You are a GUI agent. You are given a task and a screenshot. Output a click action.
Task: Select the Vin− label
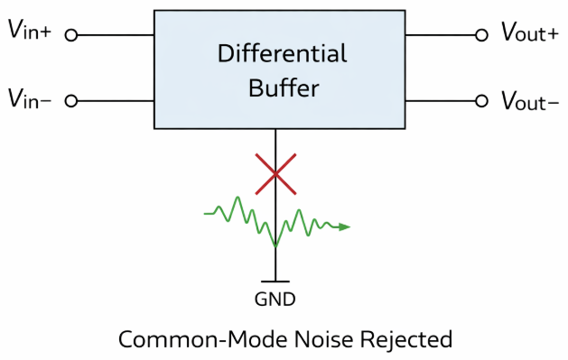[30, 98]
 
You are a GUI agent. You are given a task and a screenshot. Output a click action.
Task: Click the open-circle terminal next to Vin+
[71, 35]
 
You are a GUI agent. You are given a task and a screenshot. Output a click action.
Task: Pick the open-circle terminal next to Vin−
[71, 101]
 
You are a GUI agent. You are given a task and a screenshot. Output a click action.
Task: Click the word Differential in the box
[283, 54]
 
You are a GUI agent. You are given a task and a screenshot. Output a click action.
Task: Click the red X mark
[276, 173]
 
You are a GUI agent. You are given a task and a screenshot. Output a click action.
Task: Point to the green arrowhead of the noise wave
[344, 227]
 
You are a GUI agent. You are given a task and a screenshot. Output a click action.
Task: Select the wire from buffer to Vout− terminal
[440, 101]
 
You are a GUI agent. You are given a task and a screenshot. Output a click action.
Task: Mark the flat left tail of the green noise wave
[210, 214]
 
